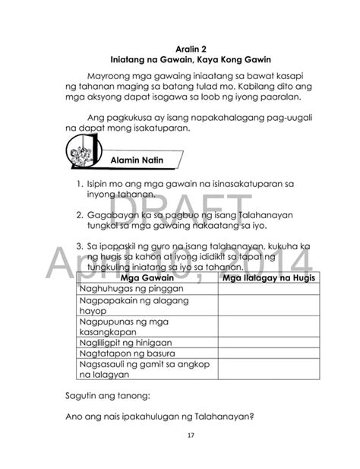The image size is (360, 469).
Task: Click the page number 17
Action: point(180,436)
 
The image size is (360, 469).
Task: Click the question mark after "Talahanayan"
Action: point(251,416)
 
